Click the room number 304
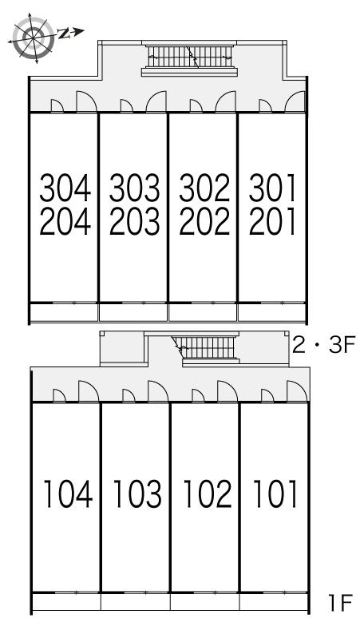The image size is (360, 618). [65, 188]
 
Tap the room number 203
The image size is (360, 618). [135, 222]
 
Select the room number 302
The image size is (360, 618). [204, 188]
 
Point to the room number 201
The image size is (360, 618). [272, 222]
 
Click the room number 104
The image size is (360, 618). [68, 493]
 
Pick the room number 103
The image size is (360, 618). [137, 493]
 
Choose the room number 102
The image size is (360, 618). [208, 493]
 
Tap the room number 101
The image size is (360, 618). [275, 493]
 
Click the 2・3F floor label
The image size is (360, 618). [324, 345]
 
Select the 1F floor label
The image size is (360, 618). [340, 602]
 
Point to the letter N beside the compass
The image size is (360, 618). [64, 34]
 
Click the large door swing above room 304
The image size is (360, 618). [87, 102]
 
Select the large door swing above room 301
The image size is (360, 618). [295, 102]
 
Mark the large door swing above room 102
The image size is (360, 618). [227, 391]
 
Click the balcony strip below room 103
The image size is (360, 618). [136, 602]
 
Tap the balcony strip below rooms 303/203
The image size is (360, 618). [133, 312]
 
